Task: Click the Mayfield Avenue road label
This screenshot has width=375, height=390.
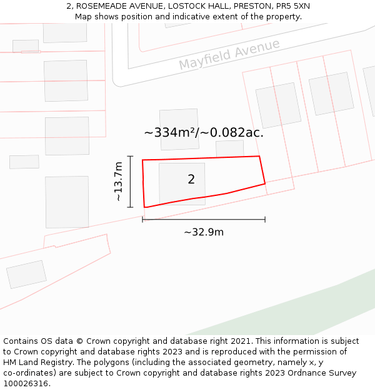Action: (x=229, y=55)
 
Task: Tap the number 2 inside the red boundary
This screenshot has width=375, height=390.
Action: (x=191, y=180)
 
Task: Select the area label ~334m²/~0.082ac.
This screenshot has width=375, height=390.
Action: (x=204, y=132)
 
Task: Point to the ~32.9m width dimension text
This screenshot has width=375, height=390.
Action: (x=204, y=232)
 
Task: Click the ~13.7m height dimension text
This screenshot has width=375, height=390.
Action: (x=118, y=182)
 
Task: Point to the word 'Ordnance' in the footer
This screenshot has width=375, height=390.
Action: (x=302, y=373)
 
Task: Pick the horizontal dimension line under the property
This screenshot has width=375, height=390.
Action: (x=204, y=220)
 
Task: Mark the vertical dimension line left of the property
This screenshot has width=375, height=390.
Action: (x=130, y=182)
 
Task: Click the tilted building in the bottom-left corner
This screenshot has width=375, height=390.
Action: (x=26, y=275)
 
